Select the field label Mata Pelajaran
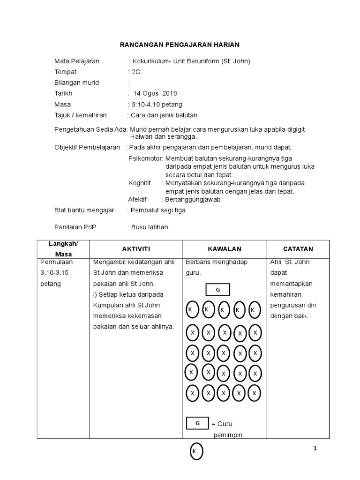coord(76,61)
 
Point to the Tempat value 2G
coord(136,72)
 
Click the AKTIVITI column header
coord(135,249)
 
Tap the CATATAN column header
coord(298,249)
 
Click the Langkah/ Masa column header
coord(64,248)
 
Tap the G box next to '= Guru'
coord(197,423)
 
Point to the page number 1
coord(315,449)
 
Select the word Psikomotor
coord(145,158)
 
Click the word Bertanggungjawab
coord(193,199)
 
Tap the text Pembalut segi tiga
coord(158,210)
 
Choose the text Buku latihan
coord(149,227)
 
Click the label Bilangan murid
coord(76,83)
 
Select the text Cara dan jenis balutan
coord(164,115)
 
